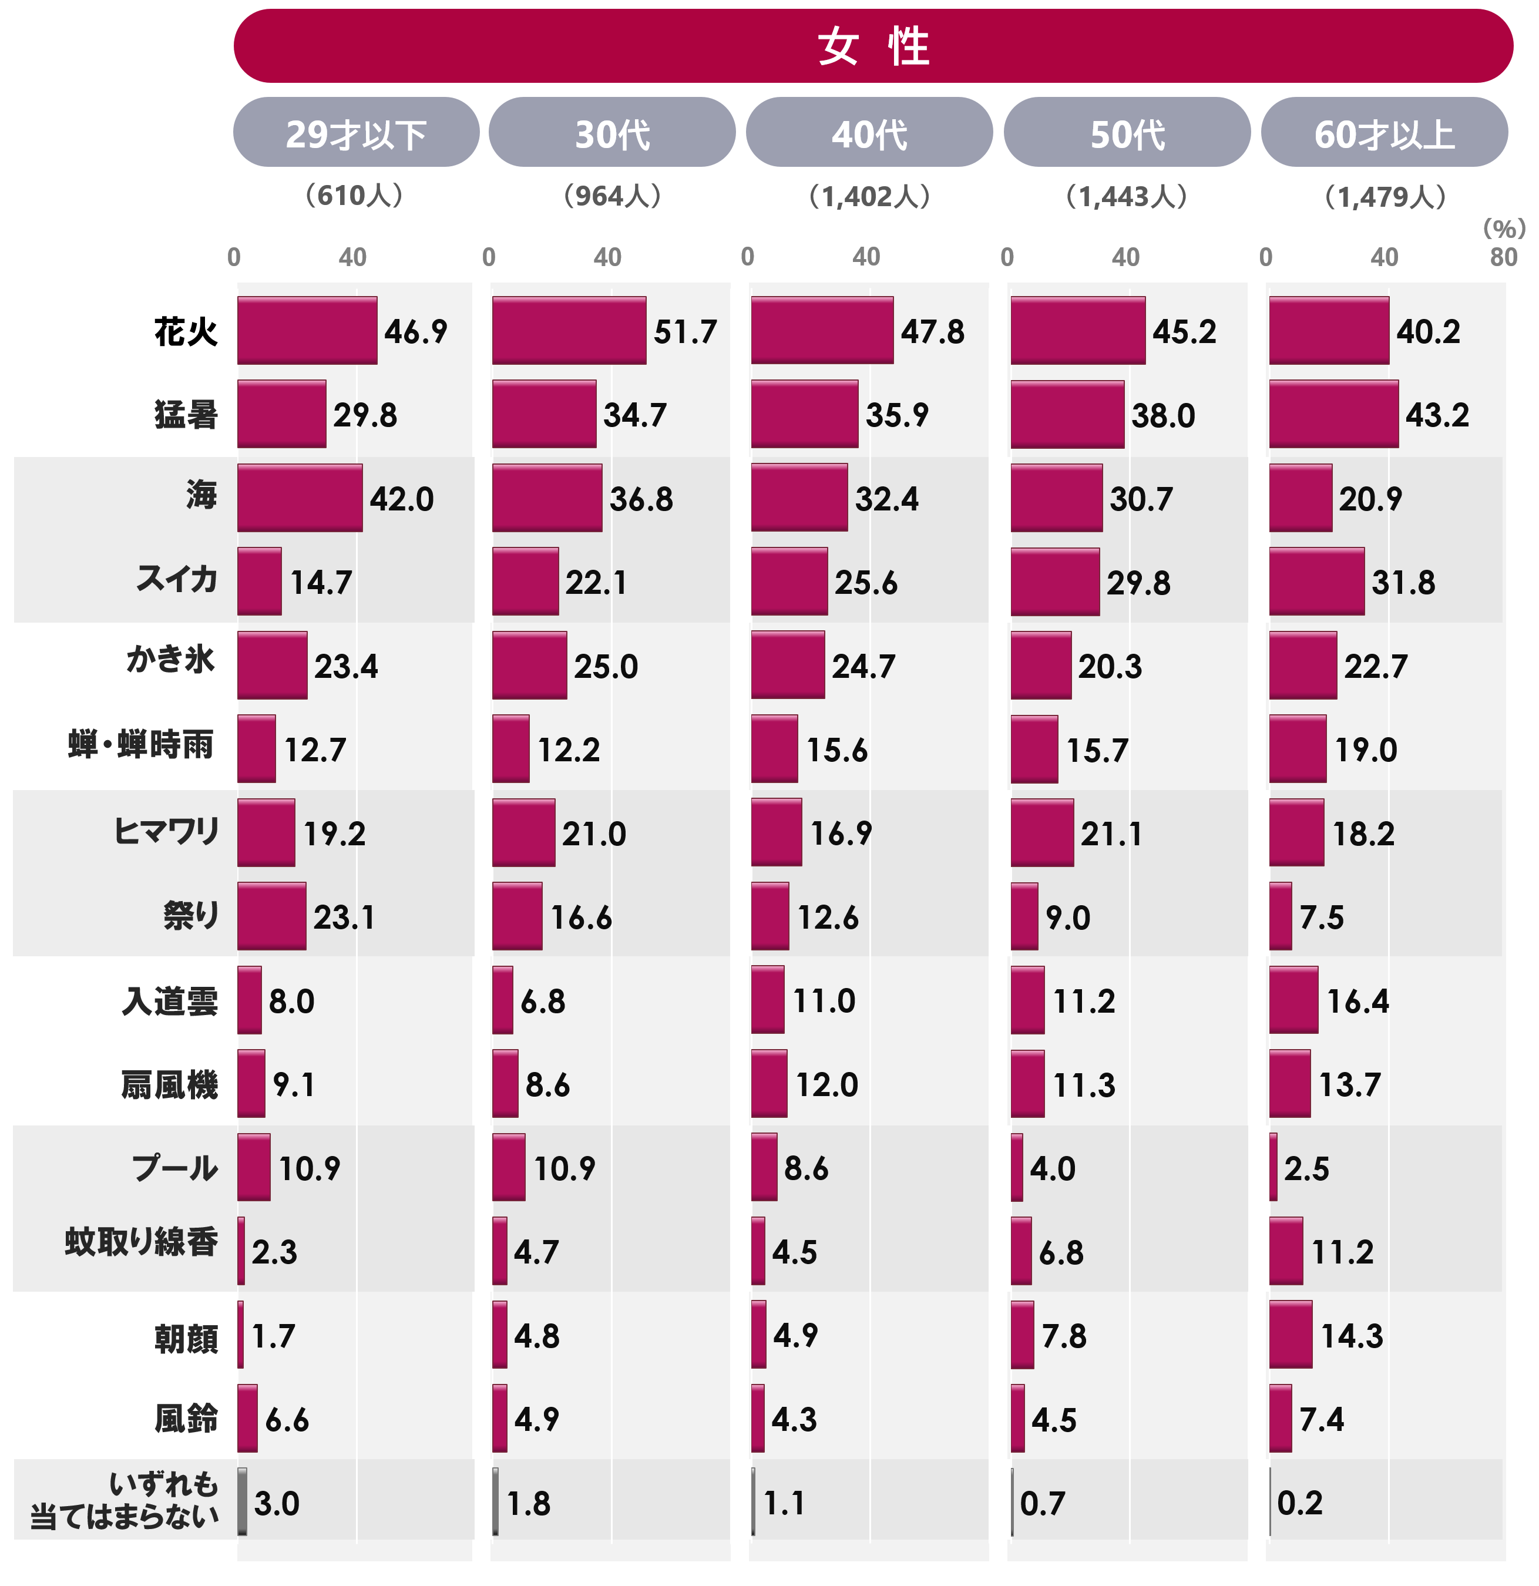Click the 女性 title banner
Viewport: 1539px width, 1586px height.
(872, 46)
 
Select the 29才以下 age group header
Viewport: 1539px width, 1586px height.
(356, 133)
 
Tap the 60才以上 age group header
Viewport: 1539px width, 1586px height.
(1384, 133)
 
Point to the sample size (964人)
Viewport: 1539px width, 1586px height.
(613, 196)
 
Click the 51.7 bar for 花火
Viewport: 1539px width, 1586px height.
(569, 330)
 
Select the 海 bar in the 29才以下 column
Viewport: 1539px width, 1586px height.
(300, 498)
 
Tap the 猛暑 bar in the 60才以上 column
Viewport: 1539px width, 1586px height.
(1333, 414)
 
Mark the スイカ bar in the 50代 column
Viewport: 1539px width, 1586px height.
(1055, 582)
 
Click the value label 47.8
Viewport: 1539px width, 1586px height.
(932, 332)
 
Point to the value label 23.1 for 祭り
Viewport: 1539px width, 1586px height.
(344, 918)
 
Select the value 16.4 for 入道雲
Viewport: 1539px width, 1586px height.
(1357, 1002)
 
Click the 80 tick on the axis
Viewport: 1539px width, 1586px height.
(1503, 257)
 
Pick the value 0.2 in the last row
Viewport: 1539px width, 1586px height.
(1299, 1503)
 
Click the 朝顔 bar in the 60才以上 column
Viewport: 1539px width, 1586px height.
(1291, 1335)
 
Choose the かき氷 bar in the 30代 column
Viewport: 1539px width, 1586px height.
(529, 665)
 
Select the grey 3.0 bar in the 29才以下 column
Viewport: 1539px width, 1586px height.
(242, 1502)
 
